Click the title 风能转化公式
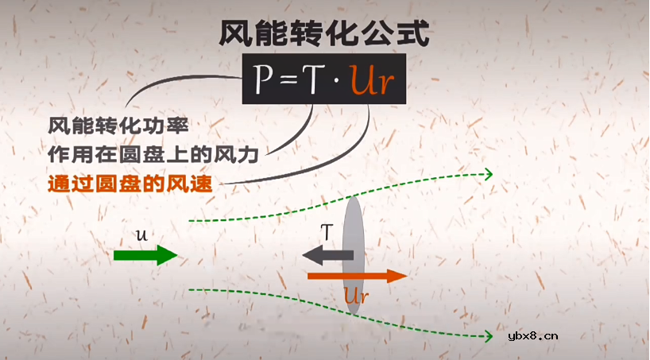(x=324, y=33)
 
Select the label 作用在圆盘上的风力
(x=155, y=152)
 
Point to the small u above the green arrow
(x=141, y=236)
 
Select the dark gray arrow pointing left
(x=327, y=255)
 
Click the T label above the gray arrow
(x=326, y=233)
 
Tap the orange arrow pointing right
(x=357, y=276)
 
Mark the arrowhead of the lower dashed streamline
(x=486, y=337)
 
